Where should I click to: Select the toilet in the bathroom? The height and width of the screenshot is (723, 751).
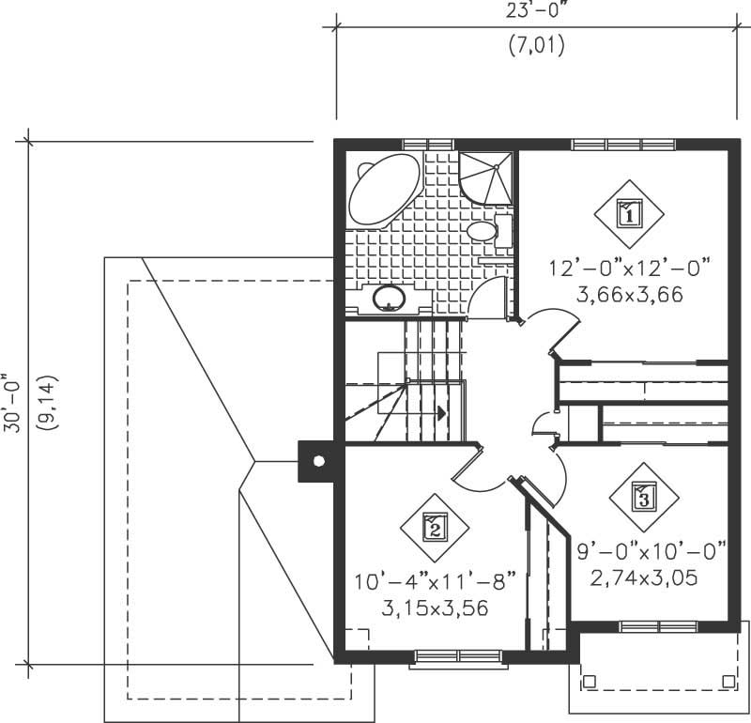point(485,230)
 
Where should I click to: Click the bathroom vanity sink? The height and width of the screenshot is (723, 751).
point(388,300)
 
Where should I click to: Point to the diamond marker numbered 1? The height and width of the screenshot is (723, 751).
point(628,212)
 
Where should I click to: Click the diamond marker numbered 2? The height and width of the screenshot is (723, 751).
point(434,528)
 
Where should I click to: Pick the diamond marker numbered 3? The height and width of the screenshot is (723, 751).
point(643,495)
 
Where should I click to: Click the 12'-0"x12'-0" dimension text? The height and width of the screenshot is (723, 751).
point(629,269)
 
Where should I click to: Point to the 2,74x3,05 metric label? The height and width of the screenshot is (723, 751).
point(644,577)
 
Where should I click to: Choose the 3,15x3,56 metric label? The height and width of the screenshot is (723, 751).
point(436,608)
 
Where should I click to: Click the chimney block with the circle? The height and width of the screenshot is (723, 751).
point(318,461)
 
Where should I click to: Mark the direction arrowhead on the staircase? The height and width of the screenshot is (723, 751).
point(439,411)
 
